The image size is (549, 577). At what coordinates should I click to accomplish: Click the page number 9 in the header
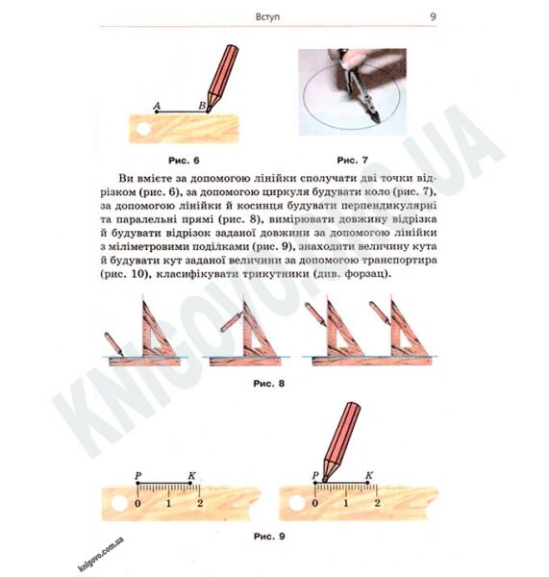(x=433, y=17)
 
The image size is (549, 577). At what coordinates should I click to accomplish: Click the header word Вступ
(x=267, y=17)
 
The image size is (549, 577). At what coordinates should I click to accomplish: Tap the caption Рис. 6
(x=184, y=161)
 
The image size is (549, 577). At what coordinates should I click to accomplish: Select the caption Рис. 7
(x=352, y=160)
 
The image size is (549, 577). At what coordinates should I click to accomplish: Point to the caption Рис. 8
(x=269, y=384)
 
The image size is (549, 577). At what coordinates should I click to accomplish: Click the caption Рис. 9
(x=269, y=537)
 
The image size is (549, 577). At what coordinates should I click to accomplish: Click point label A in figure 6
(x=157, y=106)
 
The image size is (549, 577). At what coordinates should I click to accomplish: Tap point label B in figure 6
(x=202, y=105)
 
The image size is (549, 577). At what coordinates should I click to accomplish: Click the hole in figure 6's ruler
(x=143, y=129)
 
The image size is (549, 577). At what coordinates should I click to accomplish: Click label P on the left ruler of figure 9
(x=138, y=475)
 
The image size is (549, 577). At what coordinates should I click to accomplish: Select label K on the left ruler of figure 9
(x=191, y=475)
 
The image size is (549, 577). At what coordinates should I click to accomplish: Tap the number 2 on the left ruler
(x=200, y=503)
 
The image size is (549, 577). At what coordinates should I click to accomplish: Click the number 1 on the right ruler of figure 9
(x=346, y=503)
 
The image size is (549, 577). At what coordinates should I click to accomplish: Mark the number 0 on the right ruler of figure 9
(x=315, y=503)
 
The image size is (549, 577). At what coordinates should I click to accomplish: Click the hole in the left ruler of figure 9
(x=119, y=503)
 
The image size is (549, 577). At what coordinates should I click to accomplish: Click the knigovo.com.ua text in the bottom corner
(x=101, y=554)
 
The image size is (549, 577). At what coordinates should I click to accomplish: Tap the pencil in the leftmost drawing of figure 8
(x=113, y=344)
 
